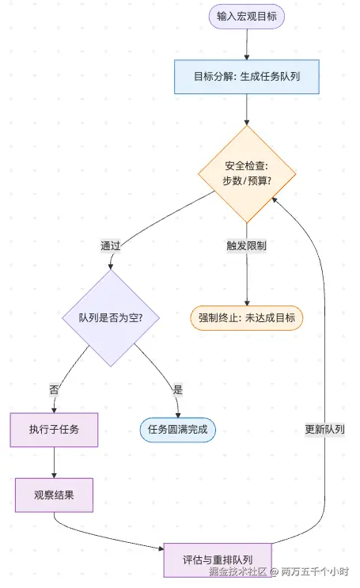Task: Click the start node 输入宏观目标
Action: tap(246, 17)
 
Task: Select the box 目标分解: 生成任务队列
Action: tap(246, 77)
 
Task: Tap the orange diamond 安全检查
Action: tap(246, 173)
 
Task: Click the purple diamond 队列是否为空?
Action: tap(112, 317)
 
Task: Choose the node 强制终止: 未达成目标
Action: tap(246, 317)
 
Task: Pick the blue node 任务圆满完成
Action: tap(177, 430)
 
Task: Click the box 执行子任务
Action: tap(54, 430)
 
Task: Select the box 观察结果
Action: tap(54, 495)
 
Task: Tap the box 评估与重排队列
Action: tap(218, 560)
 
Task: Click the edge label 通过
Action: tap(111, 245)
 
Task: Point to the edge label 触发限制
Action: tap(246, 245)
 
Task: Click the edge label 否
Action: tap(54, 389)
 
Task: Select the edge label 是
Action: tap(177, 389)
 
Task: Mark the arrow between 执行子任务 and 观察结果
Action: tap(54, 462)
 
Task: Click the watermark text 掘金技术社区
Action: tap(237, 570)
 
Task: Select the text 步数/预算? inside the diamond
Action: tap(246, 181)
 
